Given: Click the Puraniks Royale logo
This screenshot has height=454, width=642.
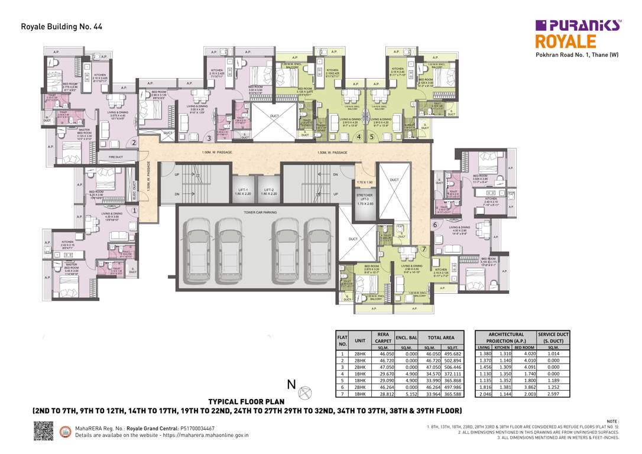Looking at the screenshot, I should (x=578, y=34).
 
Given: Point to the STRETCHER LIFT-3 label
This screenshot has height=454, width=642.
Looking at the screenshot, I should (x=365, y=197).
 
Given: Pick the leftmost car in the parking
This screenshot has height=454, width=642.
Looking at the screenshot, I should (x=196, y=245).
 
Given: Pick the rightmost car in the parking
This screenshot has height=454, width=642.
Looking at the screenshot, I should (x=320, y=245).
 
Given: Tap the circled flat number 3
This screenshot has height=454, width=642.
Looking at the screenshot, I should (x=209, y=138).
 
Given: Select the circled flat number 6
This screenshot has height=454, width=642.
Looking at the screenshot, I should (x=435, y=225).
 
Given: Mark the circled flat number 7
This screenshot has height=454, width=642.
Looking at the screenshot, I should (x=424, y=249).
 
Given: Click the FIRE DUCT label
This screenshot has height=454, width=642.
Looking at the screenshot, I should (x=115, y=157).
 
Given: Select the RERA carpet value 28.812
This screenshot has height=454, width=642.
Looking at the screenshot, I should (x=382, y=393).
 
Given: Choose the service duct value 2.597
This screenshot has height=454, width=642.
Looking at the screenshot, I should (x=553, y=393).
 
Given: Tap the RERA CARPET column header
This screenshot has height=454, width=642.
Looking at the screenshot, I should (x=382, y=337).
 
